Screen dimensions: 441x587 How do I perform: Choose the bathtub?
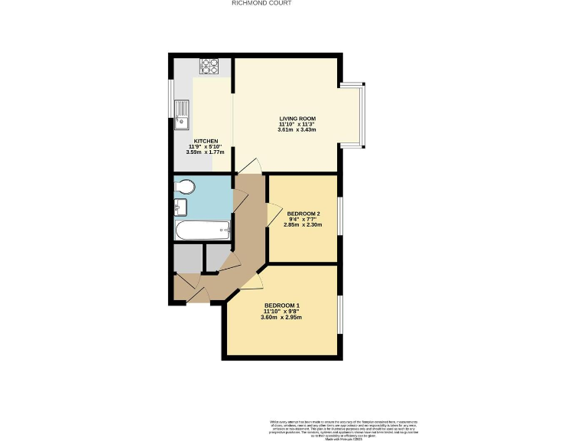202,230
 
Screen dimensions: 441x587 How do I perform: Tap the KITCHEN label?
206,141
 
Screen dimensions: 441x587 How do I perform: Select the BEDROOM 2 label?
303,213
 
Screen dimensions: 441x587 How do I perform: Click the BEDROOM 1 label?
281,305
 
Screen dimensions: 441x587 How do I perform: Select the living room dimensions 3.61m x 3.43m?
297,130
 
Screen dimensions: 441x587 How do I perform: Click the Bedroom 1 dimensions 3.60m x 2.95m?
281,317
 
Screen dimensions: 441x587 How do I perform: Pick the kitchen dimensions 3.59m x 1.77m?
206,152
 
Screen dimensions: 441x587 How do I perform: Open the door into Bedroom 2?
271,215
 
